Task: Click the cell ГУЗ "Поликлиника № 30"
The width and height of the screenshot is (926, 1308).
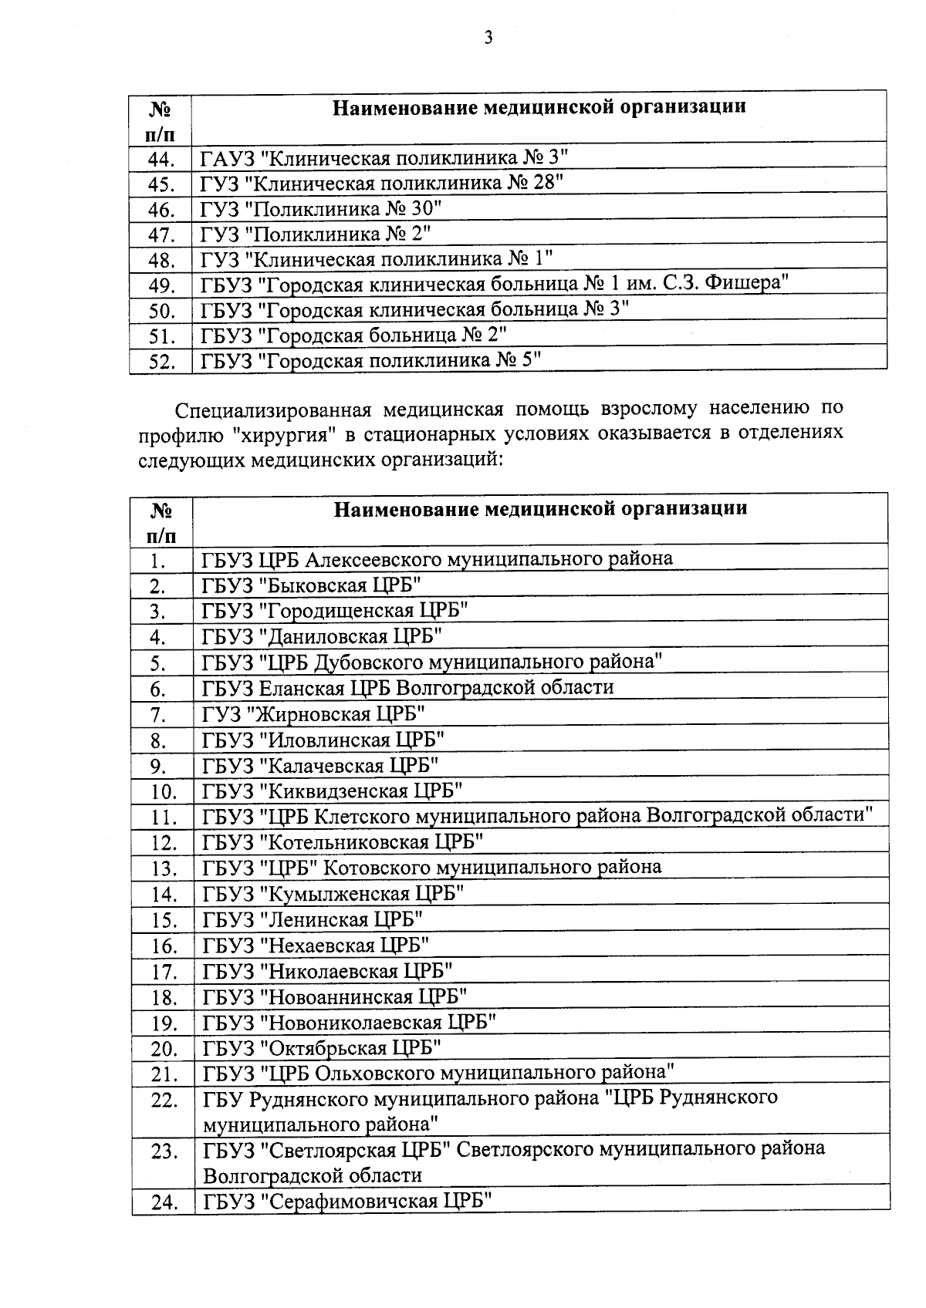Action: [321, 209]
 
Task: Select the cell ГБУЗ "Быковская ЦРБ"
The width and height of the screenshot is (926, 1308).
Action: [312, 585]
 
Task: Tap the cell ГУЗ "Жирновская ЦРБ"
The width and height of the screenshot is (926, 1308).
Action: [313, 713]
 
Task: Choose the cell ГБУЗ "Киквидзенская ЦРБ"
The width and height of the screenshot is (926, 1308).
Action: [333, 791]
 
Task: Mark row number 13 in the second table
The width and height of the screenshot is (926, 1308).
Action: [164, 869]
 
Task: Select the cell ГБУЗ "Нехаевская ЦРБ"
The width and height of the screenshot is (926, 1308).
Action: [316, 945]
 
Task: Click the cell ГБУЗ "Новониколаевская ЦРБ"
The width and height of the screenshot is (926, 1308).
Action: [349, 1022]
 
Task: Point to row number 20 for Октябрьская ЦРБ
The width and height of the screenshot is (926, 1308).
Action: [164, 1049]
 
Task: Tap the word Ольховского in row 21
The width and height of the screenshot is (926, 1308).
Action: [375, 1073]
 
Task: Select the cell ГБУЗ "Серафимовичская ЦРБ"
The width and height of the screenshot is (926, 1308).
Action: [347, 1202]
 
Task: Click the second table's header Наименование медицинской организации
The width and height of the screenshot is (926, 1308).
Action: [540, 509]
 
